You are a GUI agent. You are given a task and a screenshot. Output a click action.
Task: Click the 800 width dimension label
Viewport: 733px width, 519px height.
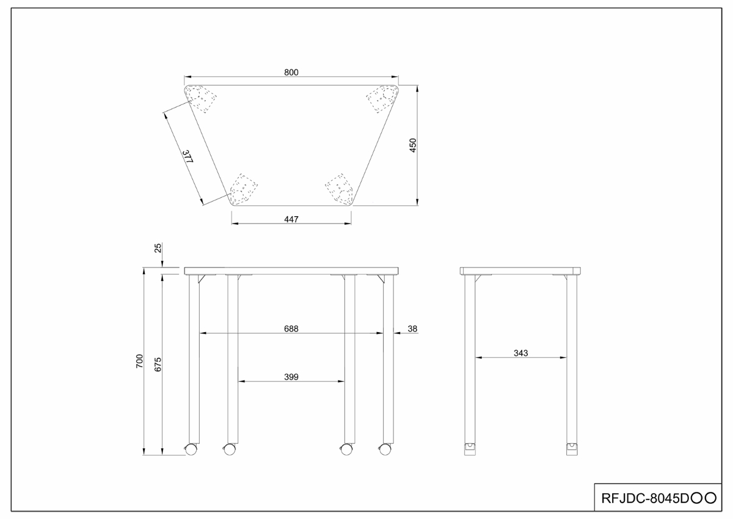(291, 72)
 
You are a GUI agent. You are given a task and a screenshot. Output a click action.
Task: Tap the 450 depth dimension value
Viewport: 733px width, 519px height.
(413, 145)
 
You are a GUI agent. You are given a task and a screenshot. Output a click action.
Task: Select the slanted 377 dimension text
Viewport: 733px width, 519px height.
(188, 157)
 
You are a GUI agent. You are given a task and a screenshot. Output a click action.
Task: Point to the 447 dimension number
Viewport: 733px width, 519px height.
(291, 219)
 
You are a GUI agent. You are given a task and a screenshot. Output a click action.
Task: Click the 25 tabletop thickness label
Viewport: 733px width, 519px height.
(158, 248)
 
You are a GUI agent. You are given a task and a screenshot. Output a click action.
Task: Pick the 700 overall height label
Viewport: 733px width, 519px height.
(140, 361)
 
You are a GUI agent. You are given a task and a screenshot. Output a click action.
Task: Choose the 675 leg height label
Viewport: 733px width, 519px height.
(158, 365)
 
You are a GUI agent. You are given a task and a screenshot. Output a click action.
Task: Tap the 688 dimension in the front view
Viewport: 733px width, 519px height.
(291, 328)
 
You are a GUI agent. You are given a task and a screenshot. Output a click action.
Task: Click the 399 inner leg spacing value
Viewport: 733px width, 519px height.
(291, 377)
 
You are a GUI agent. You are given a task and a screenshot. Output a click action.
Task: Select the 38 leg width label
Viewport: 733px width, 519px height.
(412, 328)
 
